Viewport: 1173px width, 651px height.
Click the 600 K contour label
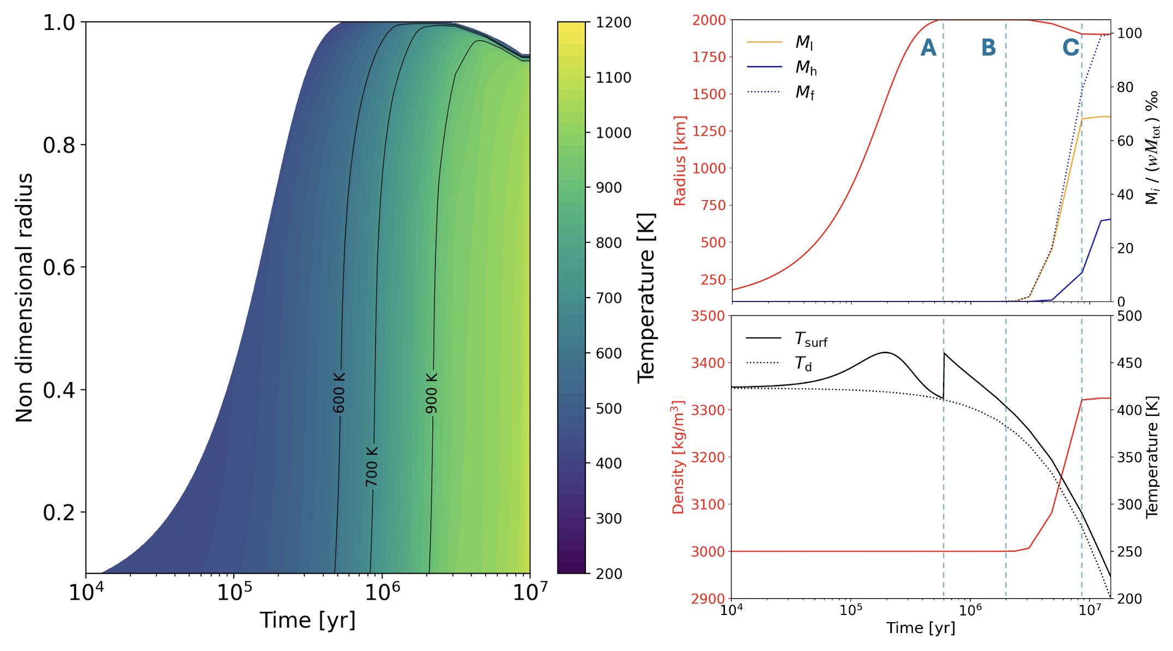tap(339, 393)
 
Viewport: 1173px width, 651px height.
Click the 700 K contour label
tap(372, 467)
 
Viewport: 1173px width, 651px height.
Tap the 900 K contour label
tap(432, 393)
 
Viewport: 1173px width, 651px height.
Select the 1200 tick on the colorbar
tap(613, 23)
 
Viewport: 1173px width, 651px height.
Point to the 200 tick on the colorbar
tap(609, 574)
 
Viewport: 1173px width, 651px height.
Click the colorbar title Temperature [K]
tap(646, 298)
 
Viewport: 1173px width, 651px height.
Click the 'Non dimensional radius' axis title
tap(25, 298)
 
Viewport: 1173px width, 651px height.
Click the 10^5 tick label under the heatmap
tap(234, 592)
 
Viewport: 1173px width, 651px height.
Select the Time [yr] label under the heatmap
tap(307, 620)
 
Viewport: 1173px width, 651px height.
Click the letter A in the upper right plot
tap(928, 48)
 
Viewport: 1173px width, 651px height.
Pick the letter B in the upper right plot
tap(988, 48)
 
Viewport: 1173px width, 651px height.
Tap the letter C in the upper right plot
tap(1071, 48)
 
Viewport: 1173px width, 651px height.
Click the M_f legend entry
tap(805, 92)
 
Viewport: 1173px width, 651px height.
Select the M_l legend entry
tap(804, 42)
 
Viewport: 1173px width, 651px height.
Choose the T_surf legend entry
tap(811, 339)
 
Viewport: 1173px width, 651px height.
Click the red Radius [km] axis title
tap(680, 161)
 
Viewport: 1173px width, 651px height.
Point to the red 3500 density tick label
tap(708, 316)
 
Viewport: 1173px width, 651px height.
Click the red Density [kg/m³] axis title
tap(679, 457)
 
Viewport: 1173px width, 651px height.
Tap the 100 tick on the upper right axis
tap(1129, 34)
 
